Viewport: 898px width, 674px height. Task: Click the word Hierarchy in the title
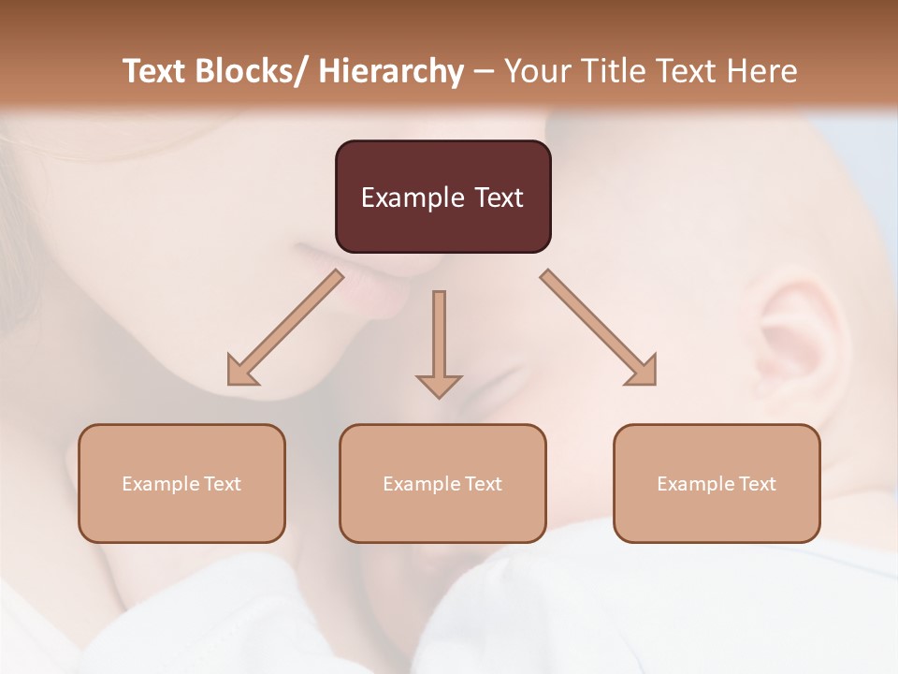click(391, 71)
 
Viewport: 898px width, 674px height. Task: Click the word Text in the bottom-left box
click(222, 484)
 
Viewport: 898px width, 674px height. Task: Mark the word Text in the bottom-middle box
click(483, 484)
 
